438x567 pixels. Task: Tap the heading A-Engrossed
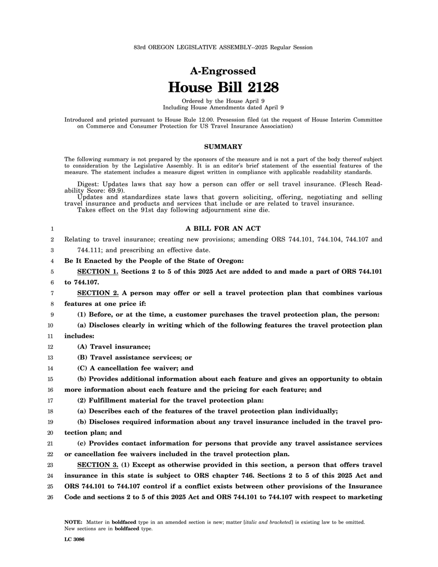(223, 71)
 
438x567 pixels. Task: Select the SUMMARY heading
(223, 147)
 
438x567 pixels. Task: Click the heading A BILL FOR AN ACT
(223, 229)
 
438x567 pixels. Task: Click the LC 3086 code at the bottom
(74, 540)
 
